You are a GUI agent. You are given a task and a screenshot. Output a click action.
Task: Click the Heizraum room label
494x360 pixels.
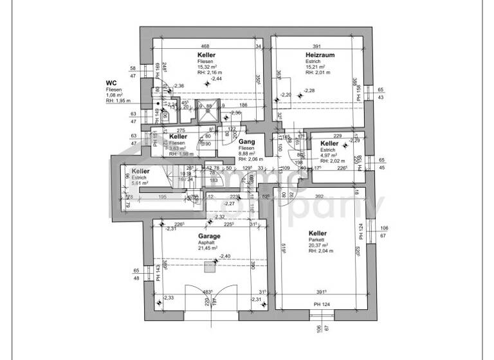click(x=320, y=56)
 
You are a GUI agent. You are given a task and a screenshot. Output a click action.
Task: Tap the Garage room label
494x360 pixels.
click(x=209, y=236)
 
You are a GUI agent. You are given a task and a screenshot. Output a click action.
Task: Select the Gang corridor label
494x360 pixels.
click(x=247, y=141)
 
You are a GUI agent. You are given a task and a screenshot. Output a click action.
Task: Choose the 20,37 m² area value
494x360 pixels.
click(x=319, y=245)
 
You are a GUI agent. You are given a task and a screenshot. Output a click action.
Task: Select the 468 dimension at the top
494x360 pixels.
click(x=205, y=46)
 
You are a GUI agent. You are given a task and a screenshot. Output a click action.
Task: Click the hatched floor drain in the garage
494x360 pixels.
click(x=208, y=265)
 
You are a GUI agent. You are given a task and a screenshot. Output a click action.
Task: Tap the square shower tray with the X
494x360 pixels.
click(x=208, y=114)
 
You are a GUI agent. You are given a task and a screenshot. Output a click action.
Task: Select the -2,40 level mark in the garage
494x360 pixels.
click(x=224, y=256)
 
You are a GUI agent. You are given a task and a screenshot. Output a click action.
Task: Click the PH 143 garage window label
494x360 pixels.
click(x=158, y=274)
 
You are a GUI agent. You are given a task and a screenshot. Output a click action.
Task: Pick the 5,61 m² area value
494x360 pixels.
click(x=141, y=183)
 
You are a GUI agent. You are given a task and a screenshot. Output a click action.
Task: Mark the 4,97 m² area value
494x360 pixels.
click(x=329, y=155)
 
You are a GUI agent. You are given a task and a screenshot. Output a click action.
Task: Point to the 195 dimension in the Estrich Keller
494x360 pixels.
click(x=163, y=197)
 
